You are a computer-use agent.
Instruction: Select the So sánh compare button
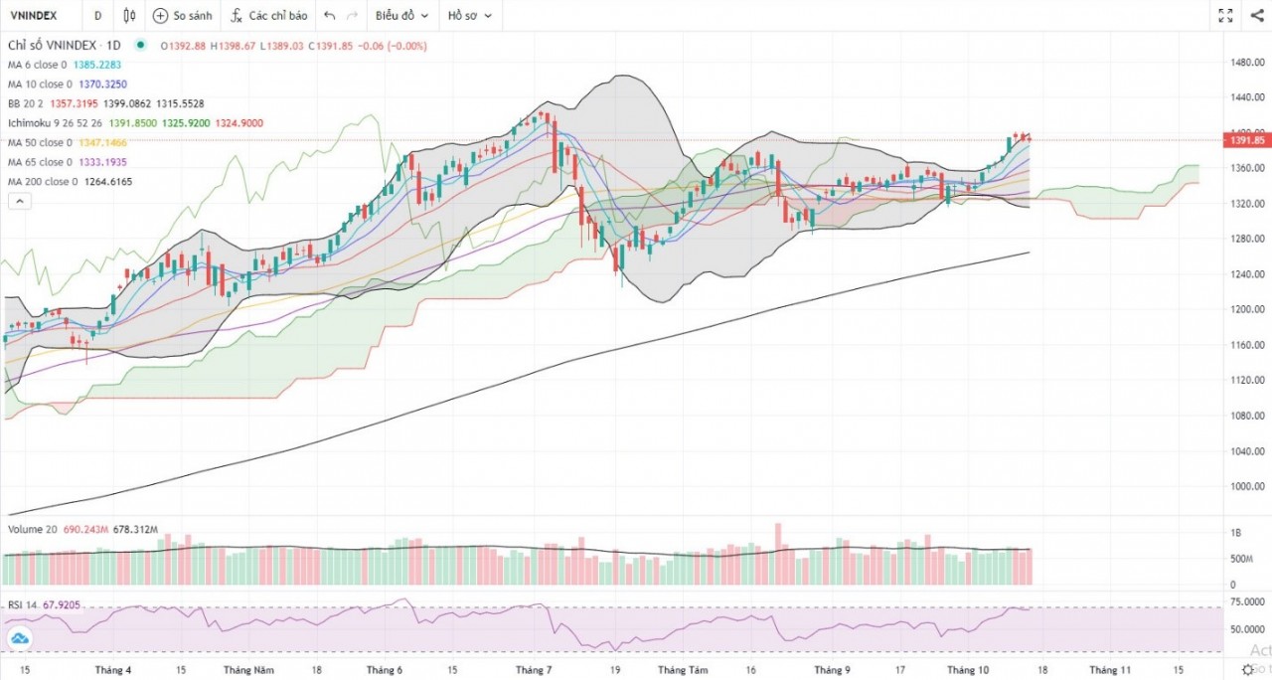tap(182, 16)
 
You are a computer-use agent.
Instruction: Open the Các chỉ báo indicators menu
tap(267, 16)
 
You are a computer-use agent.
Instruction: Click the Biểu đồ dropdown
tap(401, 16)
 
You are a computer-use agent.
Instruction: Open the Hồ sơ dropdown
tap(469, 16)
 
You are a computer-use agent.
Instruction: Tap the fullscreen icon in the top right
tap(1225, 16)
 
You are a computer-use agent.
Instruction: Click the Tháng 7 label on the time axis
tap(536, 670)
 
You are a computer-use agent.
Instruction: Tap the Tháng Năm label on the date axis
tap(248, 670)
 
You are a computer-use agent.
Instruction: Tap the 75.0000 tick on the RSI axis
tap(1247, 602)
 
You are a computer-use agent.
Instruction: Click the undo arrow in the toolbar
tap(330, 16)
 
